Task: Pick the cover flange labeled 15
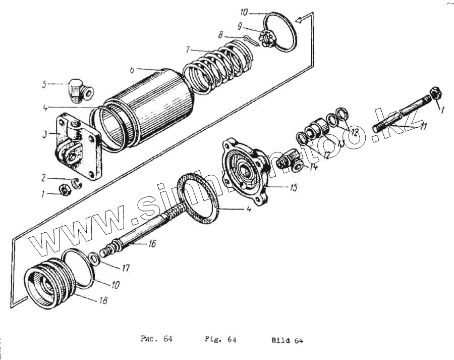tap(247, 172)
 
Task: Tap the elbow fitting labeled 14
tap(290, 163)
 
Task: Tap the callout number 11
tap(423, 126)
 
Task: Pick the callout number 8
tap(220, 35)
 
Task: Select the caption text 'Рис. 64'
tap(156, 339)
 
